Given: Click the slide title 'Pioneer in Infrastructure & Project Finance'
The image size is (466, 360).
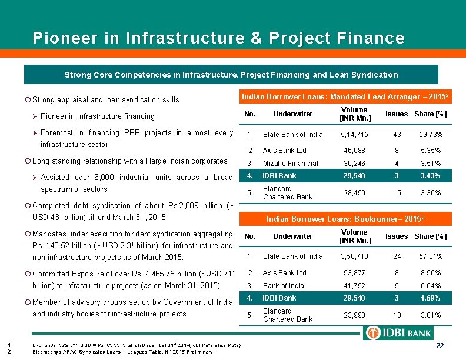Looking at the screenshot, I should (x=218, y=39).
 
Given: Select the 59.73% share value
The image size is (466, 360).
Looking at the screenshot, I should (x=431, y=135).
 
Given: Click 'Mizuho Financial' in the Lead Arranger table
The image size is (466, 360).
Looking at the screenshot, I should (x=290, y=164).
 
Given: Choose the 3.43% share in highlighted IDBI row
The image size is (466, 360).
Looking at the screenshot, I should (x=431, y=176).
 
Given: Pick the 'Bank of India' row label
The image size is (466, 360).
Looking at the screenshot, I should (x=284, y=286).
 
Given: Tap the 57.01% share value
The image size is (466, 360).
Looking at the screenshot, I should (x=431, y=256).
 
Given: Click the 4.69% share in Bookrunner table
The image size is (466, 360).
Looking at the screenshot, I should (x=431, y=298).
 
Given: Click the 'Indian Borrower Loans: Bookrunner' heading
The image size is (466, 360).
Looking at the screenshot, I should (x=346, y=219).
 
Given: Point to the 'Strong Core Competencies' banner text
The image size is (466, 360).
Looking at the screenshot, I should (x=231, y=75).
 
